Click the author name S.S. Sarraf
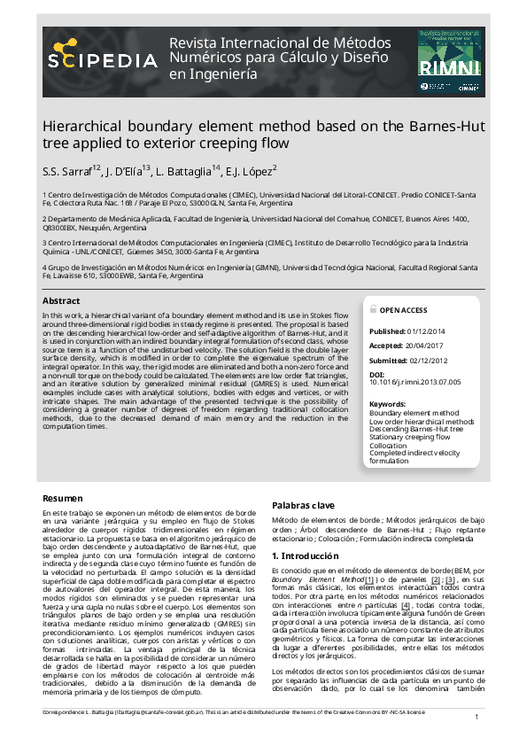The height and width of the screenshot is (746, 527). tap(70, 170)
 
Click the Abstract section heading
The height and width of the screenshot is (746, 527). tap(61, 301)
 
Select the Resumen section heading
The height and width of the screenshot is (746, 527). tap(63, 499)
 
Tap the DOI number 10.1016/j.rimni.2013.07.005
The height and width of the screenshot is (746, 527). tap(415, 382)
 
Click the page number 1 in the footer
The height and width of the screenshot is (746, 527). tap(477, 717)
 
